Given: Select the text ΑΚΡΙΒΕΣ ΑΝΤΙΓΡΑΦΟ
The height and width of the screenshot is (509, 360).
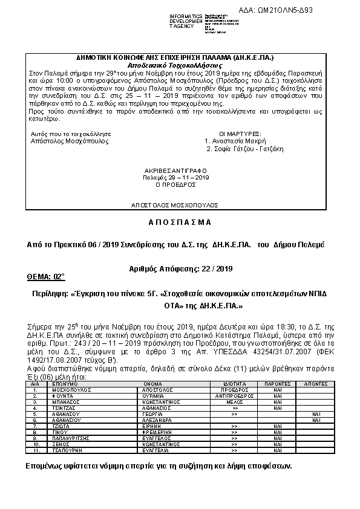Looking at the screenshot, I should pyautogui.click(x=176, y=170).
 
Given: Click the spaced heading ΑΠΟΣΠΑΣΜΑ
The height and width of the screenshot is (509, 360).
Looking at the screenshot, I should pyautogui.click(x=180, y=222).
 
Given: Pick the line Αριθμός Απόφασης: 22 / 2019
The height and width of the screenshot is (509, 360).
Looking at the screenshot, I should pyautogui.click(x=181, y=268).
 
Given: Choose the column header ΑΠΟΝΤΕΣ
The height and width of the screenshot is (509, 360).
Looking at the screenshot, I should pyautogui.click(x=315, y=383).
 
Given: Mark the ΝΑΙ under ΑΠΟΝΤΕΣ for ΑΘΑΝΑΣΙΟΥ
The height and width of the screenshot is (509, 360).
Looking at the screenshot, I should pyautogui.click(x=315, y=414).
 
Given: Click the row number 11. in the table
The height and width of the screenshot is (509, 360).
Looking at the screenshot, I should pyautogui.click(x=37, y=450).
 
